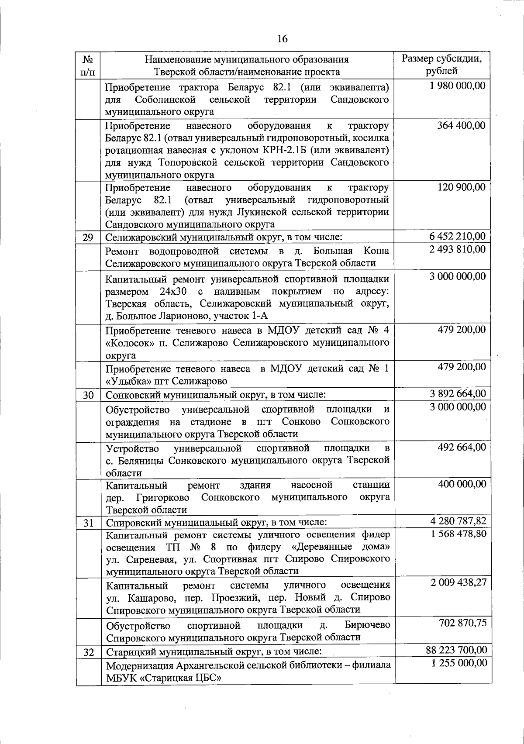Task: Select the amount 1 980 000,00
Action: pyautogui.click(x=457, y=86)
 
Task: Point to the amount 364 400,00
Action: pyautogui.click(x=461, y=126)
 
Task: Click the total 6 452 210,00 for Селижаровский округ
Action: pyautogui.click(x=457, y=237)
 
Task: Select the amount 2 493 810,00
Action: pyautogui.click(x=457, y=249)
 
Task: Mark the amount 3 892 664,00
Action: pyautogui.click(x=457, y=394)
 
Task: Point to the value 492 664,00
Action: pyautogui.click(x=461, y=447)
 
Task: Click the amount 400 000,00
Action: pyautogui.click(x=461, y=484)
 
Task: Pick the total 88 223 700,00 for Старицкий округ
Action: pyautogui.click(x=456, y=650)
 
